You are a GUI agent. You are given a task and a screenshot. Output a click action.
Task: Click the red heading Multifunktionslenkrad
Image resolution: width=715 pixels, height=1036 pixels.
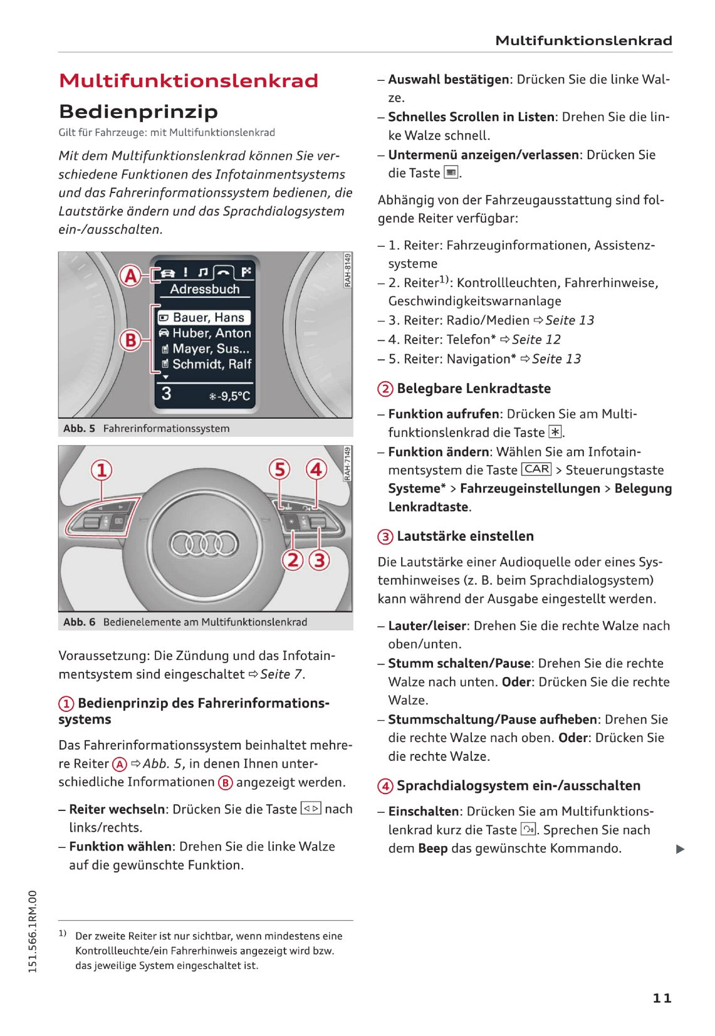(189, 81)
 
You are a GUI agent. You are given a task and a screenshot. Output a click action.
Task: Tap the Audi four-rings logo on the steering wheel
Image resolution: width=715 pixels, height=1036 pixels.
(204, 543)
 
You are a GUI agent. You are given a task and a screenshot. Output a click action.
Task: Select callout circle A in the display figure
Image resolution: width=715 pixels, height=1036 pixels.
(130, 275)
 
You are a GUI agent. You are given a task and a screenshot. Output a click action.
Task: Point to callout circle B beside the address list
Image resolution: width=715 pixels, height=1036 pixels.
(130, 340)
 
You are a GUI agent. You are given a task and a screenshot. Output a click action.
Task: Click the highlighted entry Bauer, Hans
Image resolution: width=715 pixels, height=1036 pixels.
(204, 318)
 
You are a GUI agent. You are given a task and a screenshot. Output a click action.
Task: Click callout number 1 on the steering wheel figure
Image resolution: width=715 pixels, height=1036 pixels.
(102, 470)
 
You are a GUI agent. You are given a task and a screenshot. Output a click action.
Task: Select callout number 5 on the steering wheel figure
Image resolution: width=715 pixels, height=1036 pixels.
(279, 469)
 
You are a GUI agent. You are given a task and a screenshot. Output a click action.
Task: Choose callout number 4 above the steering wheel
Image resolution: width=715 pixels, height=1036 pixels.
(316, 469)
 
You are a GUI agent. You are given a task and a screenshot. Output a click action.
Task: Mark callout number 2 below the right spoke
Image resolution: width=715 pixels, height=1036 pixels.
(293, 560)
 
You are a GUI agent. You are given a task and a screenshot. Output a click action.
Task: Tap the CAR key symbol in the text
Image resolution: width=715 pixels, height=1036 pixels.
(536, 469)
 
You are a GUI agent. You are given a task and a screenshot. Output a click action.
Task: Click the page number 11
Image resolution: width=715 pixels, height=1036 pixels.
(662, 998)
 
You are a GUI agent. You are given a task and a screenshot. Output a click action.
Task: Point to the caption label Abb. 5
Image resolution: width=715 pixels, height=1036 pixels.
(79, 429)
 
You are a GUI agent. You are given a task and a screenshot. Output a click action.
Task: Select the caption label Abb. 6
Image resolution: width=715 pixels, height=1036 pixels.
(79, 622)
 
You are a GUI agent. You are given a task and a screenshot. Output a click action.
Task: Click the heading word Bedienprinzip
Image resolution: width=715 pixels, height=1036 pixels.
(138, 112)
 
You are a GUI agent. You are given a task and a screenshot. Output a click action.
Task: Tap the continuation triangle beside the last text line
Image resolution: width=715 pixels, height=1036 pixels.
(681, 849)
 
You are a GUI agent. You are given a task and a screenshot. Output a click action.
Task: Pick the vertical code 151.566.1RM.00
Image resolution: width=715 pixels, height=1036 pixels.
(33, 931)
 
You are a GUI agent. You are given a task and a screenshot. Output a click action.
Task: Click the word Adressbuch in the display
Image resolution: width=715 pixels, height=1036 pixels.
(205, 290)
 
